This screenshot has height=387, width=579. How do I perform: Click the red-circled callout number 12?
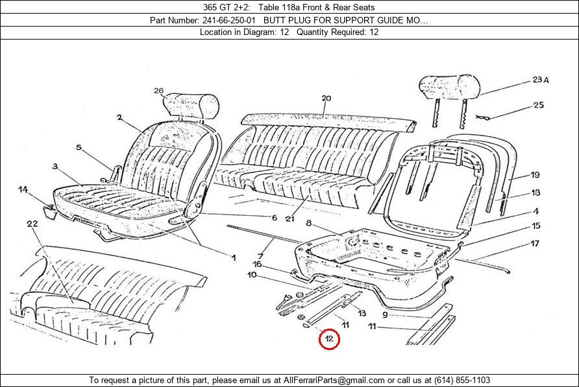[x=329, y=338]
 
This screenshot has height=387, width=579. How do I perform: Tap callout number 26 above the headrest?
[x=158, y=91]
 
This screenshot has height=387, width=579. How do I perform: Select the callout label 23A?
[x=541, y=80]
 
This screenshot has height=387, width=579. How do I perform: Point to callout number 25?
[x=538, y=105]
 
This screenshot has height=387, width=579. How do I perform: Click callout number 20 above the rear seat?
[x=326, y=99]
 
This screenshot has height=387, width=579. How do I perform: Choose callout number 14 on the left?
[x=23, y=190]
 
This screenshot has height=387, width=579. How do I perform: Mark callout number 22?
[x=32, y=224]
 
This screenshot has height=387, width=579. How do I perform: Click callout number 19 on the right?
[x=535, y=175]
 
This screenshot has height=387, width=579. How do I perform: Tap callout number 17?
[x=535, y=244]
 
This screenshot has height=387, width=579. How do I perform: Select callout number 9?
[x=385, y=314]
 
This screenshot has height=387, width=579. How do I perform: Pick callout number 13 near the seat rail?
[x=362, y=313]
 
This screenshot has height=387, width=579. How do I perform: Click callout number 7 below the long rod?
[x=261, y=256]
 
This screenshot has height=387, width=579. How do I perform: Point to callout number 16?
[x=258, y=264]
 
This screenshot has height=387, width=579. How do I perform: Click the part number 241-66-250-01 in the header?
[x=228, y=20]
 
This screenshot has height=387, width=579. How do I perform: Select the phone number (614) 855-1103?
[x=462, y=380]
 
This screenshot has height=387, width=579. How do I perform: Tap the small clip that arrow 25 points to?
[x=483, y=118]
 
